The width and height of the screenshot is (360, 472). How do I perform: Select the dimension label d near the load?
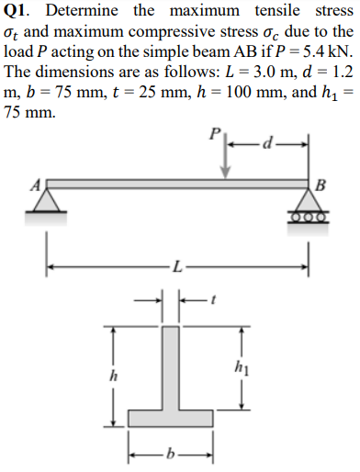[x=268, y=144]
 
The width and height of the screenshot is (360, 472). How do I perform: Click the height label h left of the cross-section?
[x=114, y=375]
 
